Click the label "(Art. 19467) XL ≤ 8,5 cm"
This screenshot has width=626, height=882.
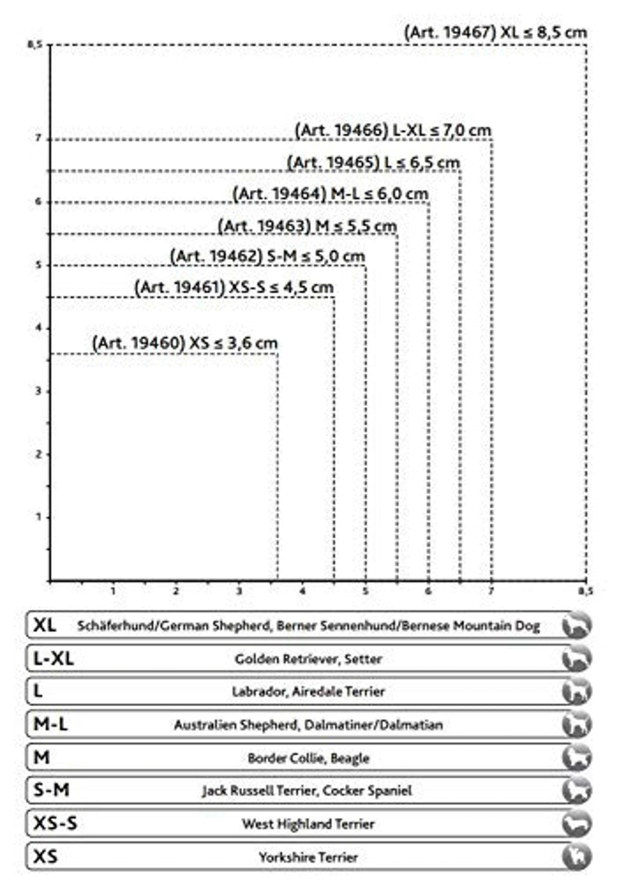coord(495,32)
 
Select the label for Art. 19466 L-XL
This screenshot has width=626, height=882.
coord(393,131)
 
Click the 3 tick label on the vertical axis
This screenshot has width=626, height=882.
coord(38,392)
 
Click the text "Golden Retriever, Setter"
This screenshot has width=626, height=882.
coord(308,659)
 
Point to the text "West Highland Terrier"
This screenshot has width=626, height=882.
coord(308,824)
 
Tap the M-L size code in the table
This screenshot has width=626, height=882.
coord(50,725)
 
